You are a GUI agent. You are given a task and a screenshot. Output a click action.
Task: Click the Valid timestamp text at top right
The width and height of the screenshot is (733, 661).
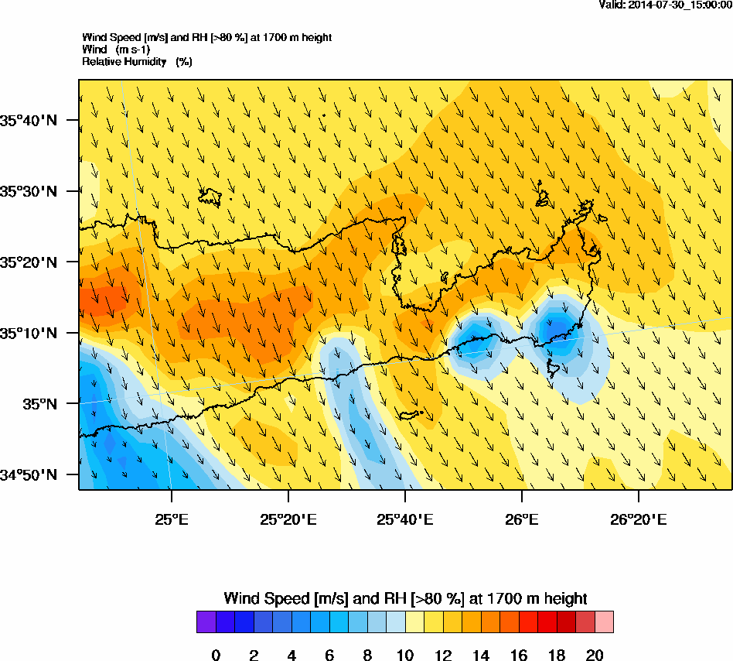[666, 5]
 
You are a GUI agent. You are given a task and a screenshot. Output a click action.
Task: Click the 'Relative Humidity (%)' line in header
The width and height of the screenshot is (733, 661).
[137, 61]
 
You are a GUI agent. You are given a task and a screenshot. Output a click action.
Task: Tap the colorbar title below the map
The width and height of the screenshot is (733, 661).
[405, 598]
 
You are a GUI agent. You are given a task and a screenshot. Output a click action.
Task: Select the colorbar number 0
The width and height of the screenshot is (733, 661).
[216, 656]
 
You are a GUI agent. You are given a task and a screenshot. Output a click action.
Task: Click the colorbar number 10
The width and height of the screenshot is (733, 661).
[405, 656]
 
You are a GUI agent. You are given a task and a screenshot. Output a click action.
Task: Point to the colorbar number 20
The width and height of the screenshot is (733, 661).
[595, 656]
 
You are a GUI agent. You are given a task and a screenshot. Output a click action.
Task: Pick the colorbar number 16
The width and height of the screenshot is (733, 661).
[519, 656]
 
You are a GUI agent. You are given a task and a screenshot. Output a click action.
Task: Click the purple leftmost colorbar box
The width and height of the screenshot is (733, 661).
[206, 622]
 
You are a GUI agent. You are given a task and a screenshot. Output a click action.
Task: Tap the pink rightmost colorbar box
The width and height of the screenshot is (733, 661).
[604, 622]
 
